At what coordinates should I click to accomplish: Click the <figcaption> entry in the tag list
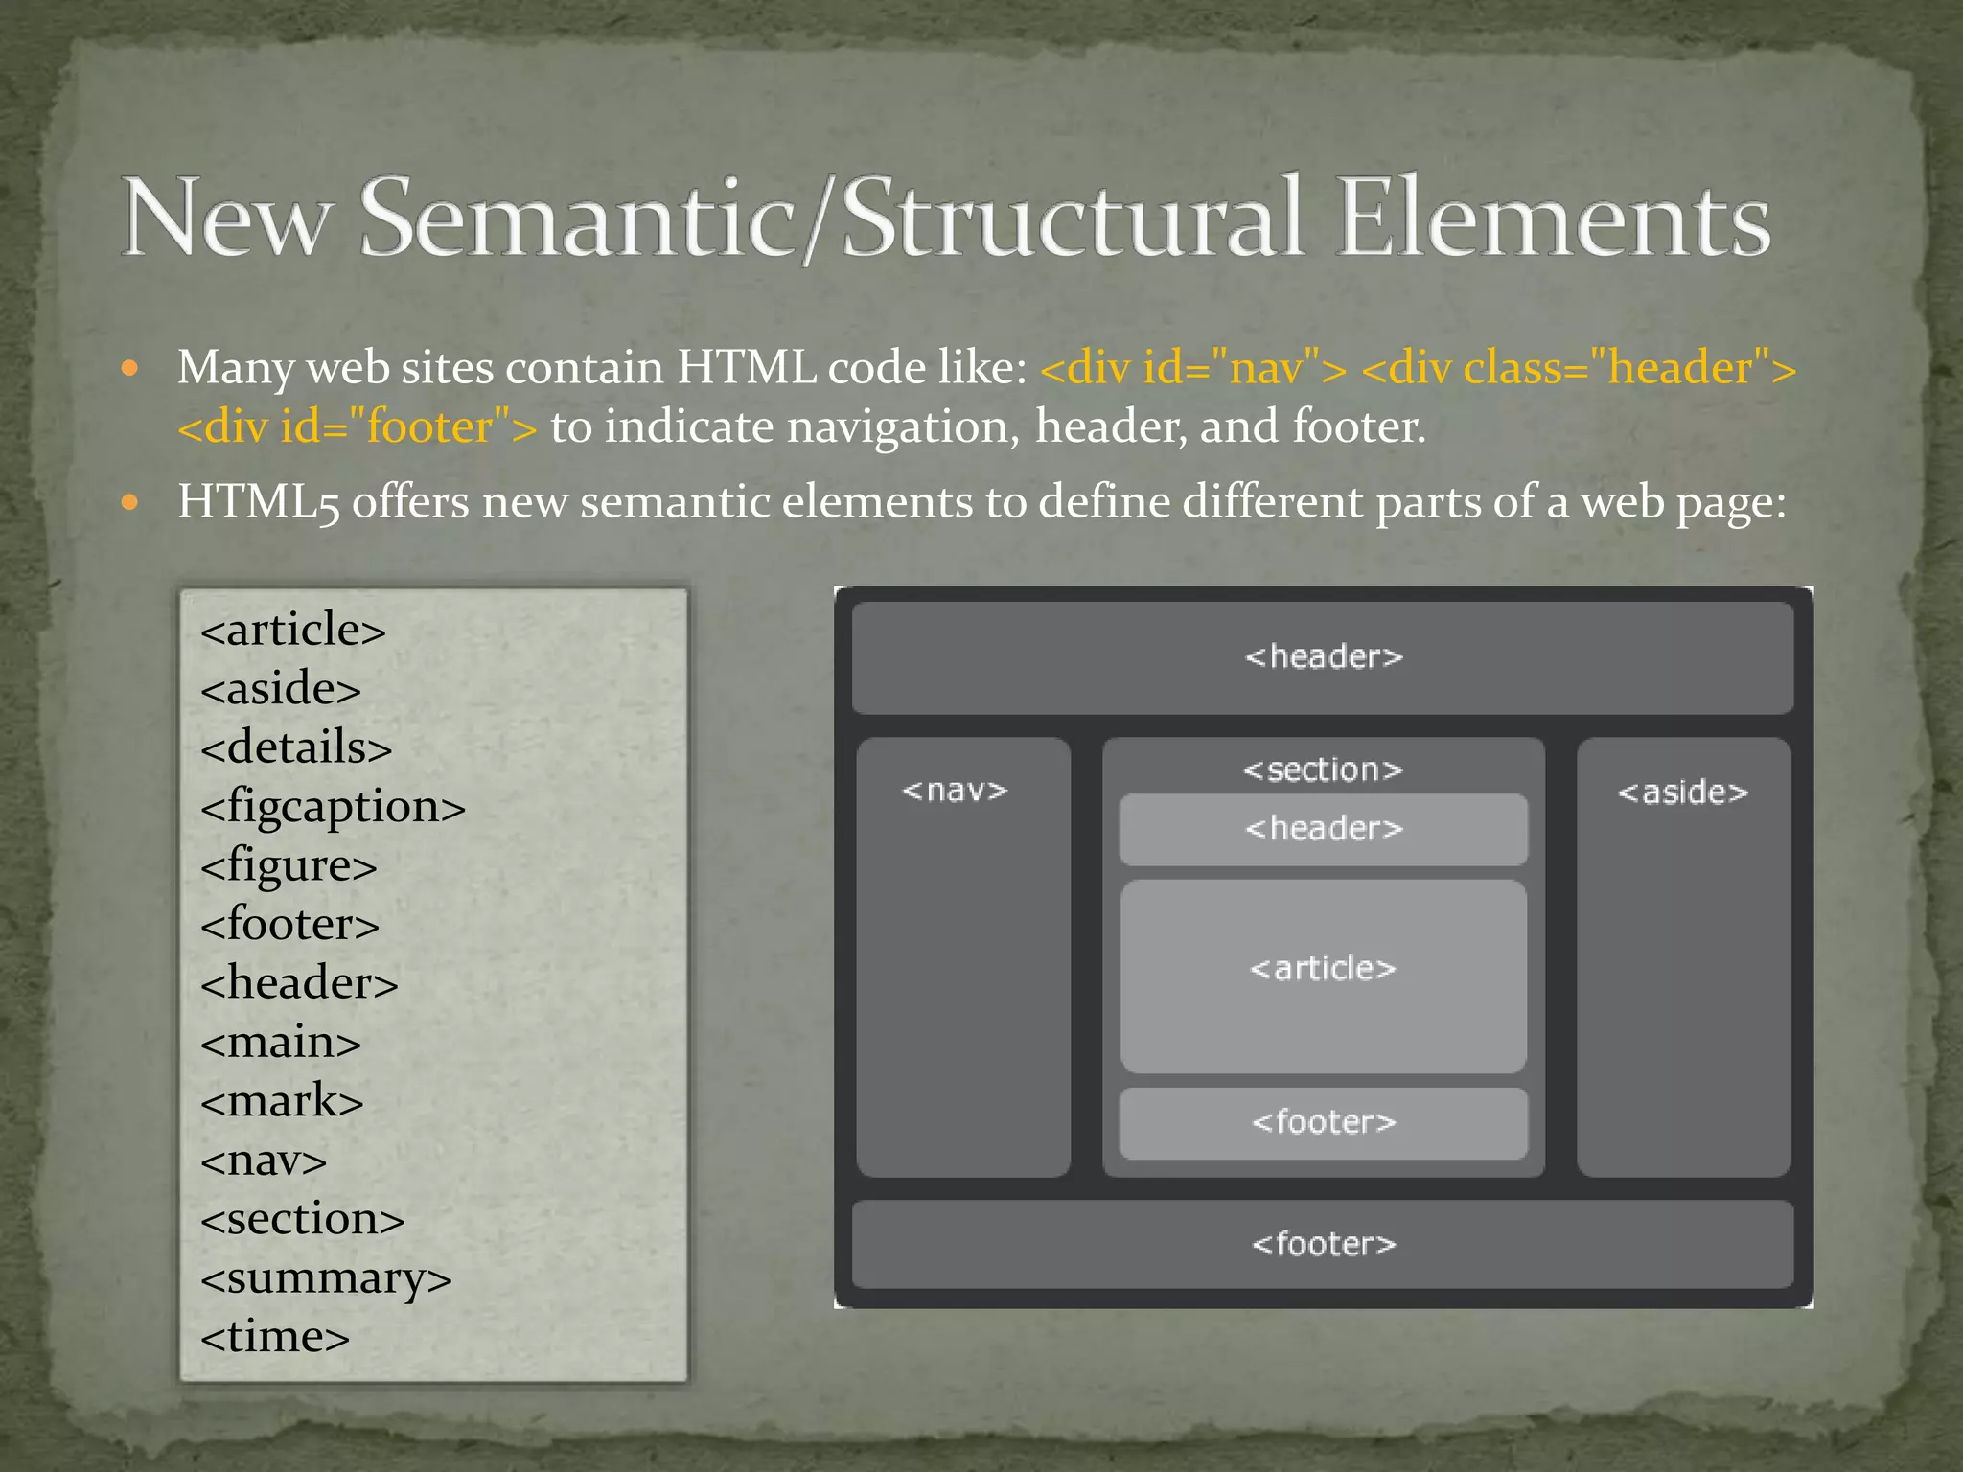coord(333,807)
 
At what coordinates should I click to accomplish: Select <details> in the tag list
coord(296,747)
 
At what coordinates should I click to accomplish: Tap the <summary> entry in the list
coord(326,1278)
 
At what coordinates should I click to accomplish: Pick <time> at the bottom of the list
coord(275,1337)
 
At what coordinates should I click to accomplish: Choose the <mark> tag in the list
coord(282,1101)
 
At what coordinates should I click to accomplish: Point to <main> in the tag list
coord(281,1043)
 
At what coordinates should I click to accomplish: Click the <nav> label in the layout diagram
coord(955,791)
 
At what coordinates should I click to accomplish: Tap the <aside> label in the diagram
coord(1683,793)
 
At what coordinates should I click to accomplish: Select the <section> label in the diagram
coord(1323,770)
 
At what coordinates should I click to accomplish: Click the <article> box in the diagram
coord(1323,976)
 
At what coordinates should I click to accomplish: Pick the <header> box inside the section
coord(1323,829)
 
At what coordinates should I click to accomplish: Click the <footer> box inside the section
coord(1323,1122)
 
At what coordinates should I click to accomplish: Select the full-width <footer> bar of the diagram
coord(1323,1244)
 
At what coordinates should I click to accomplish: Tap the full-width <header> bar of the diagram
coord(1323,657)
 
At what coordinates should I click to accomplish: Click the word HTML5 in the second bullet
coord(259,502)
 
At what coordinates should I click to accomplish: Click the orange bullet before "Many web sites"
coord(131,368)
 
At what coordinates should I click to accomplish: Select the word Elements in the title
coord(1553,218)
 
